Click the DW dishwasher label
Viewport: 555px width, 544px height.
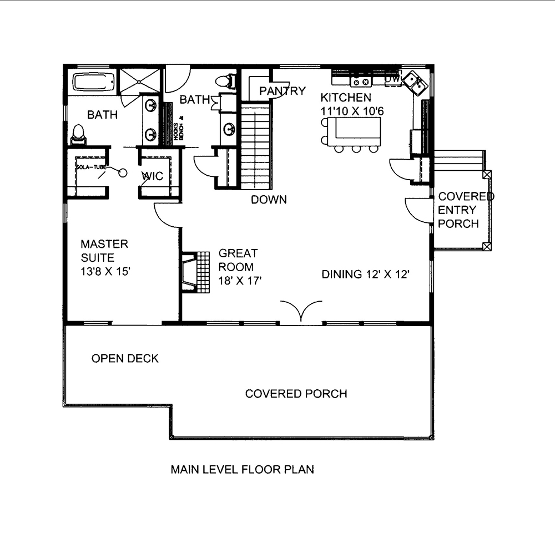(392, 80)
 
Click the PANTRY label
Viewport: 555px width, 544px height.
(282, 91)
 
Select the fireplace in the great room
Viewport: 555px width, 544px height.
(190, 272)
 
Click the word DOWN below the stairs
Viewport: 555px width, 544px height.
(269, 200)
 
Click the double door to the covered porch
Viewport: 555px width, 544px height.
(301, 311)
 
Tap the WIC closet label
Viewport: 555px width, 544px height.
(152, 176)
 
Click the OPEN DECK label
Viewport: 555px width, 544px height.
(125, 359)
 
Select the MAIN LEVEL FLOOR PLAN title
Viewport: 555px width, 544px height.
(242, 470)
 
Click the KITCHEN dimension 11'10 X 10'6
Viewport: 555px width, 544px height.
(352, 111)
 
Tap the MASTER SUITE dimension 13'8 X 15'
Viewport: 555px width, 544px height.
(105, 272)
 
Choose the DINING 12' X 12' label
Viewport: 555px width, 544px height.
(366, 274)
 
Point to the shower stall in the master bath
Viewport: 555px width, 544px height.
(140, 82)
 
